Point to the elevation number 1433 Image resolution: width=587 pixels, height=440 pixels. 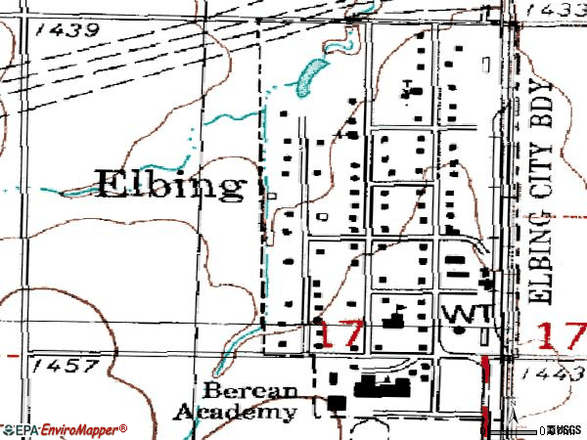tap(554, 9)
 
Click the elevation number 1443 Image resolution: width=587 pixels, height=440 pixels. tap(554, 374)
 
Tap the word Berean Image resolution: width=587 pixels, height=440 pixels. tap(238, 390)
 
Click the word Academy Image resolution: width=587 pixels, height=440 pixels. tap(235, 412)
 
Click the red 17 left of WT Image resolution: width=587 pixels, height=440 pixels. tap(340, 332)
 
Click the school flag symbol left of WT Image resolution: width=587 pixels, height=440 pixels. tap(396, 316)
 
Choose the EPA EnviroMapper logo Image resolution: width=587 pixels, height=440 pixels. tap(65, 429)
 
